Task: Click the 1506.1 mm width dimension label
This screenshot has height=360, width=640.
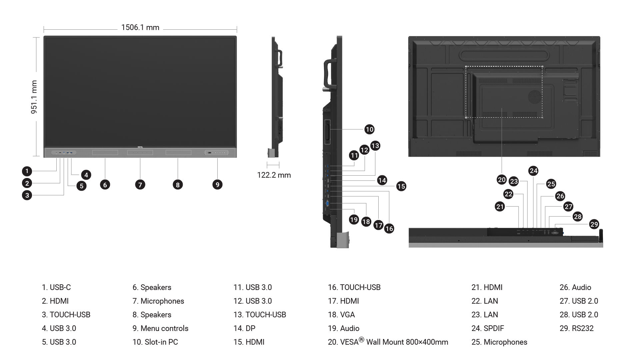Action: [x=140, y=27]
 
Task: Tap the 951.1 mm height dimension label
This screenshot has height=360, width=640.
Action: [x=34, y=97]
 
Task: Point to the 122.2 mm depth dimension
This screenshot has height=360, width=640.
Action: [x=274, y=175]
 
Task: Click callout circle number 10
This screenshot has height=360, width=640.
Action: [x=369, y=129]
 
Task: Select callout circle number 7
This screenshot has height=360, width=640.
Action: [x=140, y=185]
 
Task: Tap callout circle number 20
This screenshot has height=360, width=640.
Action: [x=502, y=180]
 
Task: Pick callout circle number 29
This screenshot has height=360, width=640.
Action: [x=594, y=224]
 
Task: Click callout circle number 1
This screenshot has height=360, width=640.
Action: [x=27, y=171]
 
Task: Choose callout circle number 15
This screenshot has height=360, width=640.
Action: [x=401, y=186]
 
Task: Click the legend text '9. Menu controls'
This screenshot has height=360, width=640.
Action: [x=160, y=328]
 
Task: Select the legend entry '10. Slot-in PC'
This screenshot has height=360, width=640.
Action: [x=155, y=342]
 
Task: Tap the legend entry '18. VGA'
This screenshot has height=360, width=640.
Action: [x=341, y=315]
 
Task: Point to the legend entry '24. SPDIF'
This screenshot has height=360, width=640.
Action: [x=488, y=328]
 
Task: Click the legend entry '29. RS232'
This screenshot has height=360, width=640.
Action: [x=577, y=328]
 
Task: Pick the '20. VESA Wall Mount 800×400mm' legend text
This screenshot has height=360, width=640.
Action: [x=388, y=342]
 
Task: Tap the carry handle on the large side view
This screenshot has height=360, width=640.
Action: [x=328, y=73]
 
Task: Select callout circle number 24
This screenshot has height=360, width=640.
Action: [x=533, y=171]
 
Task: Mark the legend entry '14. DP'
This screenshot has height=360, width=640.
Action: [x=244, y=328]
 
